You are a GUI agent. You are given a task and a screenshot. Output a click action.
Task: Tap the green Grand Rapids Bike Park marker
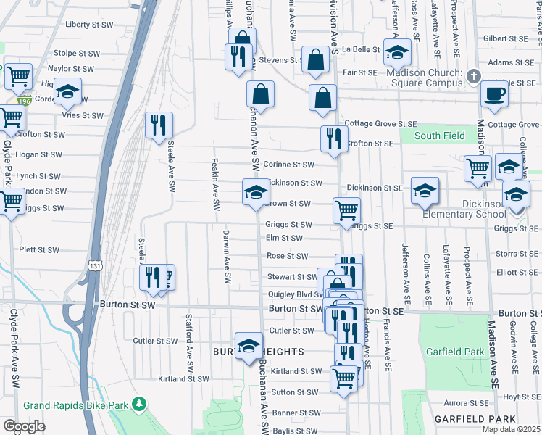143,403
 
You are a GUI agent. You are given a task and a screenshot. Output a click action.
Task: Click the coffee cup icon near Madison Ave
495,94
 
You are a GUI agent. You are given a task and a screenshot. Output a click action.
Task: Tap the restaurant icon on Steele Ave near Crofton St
157,125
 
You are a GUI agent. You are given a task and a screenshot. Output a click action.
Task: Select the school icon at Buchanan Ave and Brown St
255,193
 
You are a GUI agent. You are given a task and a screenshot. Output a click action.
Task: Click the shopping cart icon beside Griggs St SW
346,210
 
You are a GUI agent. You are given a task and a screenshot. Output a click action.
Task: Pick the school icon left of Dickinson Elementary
425,191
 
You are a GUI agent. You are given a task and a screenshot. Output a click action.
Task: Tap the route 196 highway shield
25,100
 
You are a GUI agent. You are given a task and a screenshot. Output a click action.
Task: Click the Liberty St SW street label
89,25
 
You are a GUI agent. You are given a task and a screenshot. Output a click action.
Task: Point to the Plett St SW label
39,249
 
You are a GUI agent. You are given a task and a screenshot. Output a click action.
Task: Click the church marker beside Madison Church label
473,75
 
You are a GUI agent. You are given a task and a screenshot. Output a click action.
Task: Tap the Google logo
24,426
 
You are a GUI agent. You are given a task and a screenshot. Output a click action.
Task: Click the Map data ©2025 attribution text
512,429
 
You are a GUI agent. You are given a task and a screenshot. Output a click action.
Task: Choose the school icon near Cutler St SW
248,344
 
